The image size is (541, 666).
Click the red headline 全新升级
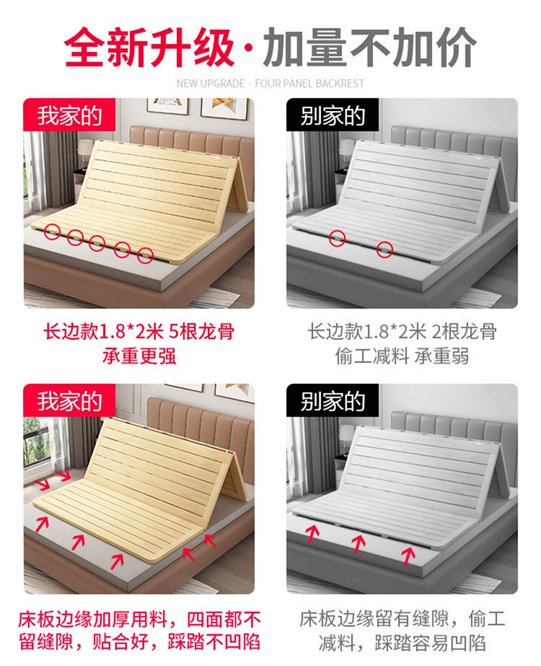pos(149,48)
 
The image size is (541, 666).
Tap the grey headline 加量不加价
pos(369,48)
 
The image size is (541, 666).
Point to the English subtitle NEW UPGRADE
pos(211,84)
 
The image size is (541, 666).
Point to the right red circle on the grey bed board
pos(385,250)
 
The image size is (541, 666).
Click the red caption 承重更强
pos(139,356)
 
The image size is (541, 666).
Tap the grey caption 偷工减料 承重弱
pos(402,356)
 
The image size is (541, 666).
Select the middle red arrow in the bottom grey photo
pos(359,543)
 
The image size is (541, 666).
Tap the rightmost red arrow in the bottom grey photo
pos(408,555)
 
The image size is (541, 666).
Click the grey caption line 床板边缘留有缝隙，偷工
pos(402,618)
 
